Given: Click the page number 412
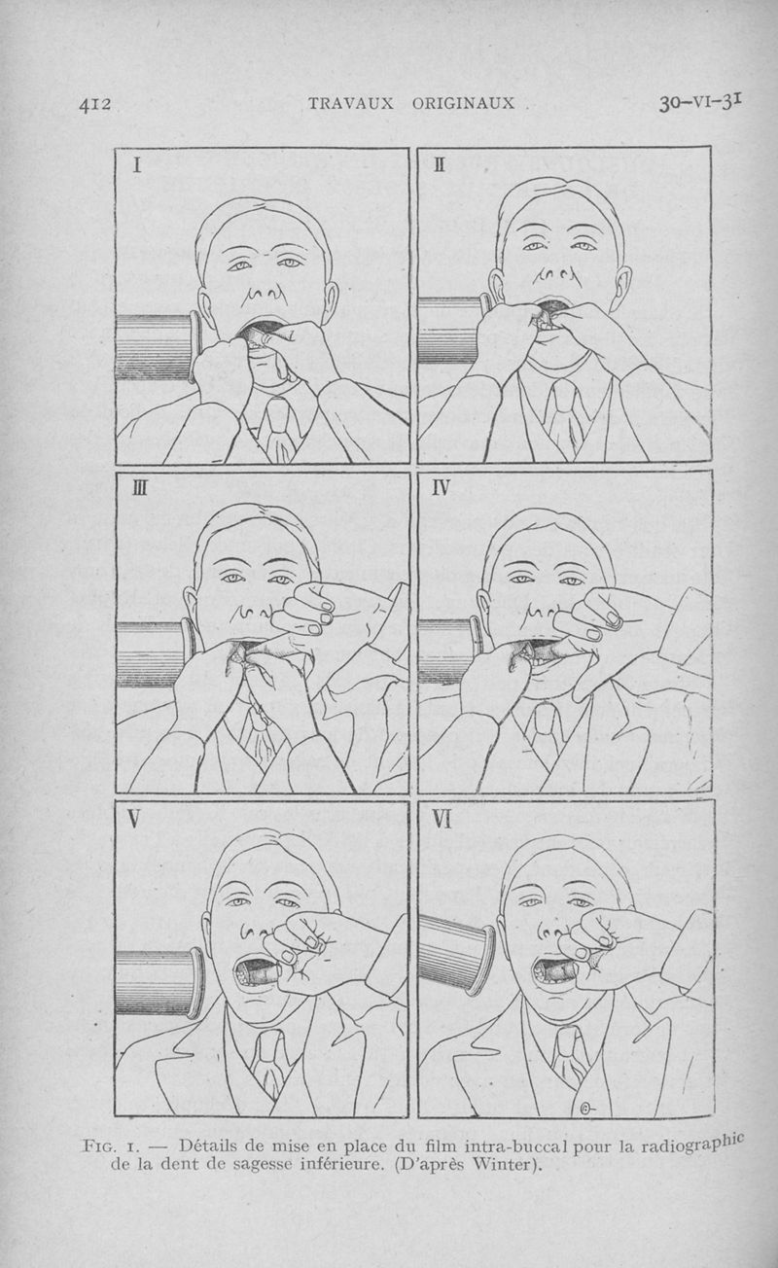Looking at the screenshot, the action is pyautogui.click(x=94, y=104).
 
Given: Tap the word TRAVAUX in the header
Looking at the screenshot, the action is pyautogui.click(x=350, y=103).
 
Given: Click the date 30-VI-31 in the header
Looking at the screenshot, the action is pyautogui.click(x=700, y=102).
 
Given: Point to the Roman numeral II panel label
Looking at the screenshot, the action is pyautogui.click(x=439, y=164).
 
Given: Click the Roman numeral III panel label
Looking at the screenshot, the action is pyautogui.click(x=140, y=487).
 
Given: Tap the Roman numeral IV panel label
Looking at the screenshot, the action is pyautogui.click(x=441, y=487).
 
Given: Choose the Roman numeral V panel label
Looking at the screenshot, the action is pyautogui.click(x=133, y=819).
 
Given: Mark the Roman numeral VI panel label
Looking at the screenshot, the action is pyautogui.click(x=442, y=819).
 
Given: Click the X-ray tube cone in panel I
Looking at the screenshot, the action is pyautogui.click(x=159, y=346).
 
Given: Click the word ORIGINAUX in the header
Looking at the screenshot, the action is pyautogui.click(x=463, y=103).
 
